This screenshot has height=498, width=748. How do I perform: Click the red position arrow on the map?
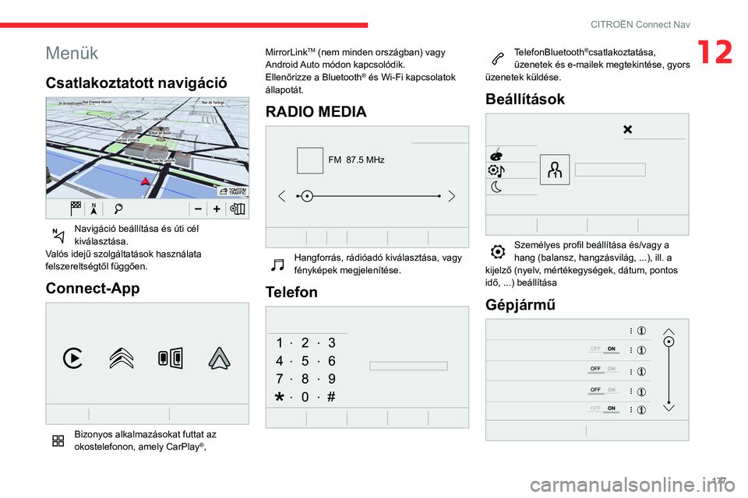tap(144, 182)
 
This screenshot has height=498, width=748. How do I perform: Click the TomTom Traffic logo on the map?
tap(232, 191)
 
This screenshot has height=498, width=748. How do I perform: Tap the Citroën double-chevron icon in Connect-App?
tap(122, 357)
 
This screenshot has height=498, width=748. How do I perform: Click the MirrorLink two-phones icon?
tap(170, 358)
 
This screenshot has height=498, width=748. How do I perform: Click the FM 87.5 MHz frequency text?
tap(356, 160)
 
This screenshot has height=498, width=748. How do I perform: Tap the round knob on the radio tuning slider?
tap(308, 195)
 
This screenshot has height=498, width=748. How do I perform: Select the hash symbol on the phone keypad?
tap(331, 396)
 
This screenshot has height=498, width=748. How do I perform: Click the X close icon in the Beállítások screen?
tap(627, 129)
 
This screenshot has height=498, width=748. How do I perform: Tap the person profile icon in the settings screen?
tap(554, 169)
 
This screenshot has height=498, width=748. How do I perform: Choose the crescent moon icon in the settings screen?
tap(497, 187)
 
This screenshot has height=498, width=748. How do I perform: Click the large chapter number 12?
tap(715, 52)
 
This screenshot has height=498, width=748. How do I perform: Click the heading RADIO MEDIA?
tap(316, 111)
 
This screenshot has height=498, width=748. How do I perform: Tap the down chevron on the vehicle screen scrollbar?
tap(668, 406)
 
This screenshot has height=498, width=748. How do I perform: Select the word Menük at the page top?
tap(72, 53)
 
